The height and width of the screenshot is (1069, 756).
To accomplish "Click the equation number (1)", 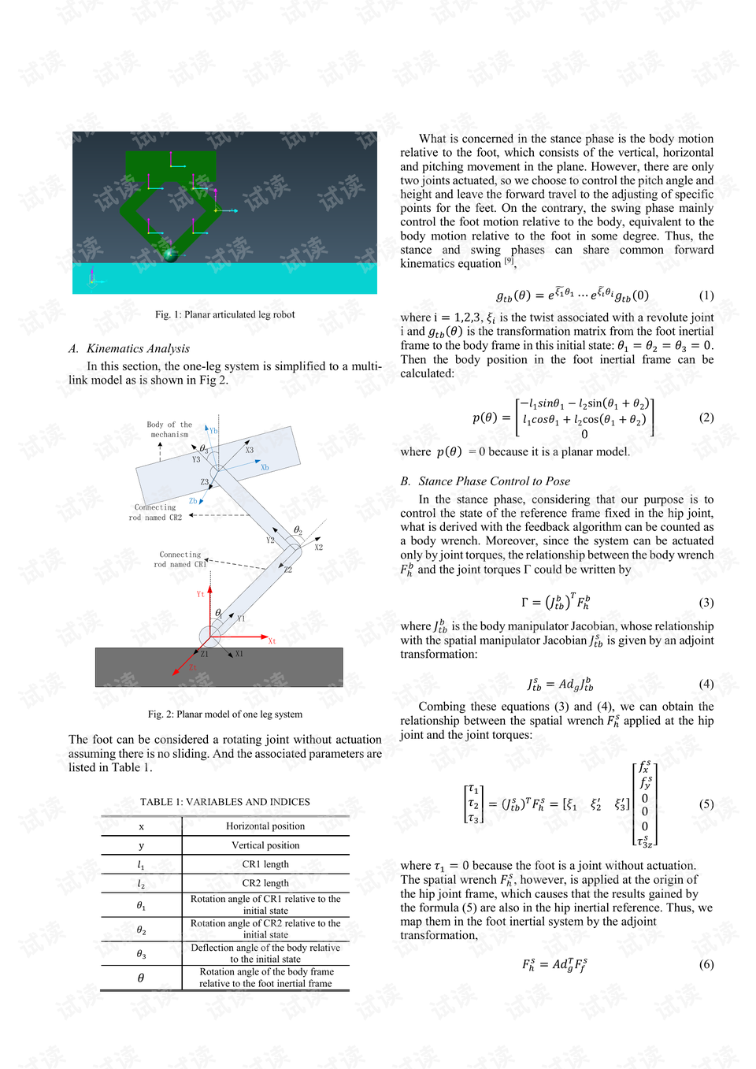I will pos(706,295).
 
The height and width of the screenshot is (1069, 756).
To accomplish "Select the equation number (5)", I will pos(706,804).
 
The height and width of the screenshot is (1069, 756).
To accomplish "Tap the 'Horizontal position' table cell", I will pos(265,826).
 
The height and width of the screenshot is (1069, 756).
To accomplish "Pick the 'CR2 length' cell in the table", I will pos(265,883).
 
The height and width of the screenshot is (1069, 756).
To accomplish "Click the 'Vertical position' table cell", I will pos(265,845).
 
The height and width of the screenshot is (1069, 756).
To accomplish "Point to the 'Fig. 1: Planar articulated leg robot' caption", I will pos(224,314).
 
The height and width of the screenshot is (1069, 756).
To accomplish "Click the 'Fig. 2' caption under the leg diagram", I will pos(224,715).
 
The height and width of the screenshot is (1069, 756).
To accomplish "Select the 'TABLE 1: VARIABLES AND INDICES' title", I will pos(224,802).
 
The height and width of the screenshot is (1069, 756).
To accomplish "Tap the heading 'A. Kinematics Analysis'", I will pos(129,348).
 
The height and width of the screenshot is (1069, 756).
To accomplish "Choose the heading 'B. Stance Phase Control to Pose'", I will pos(485,481).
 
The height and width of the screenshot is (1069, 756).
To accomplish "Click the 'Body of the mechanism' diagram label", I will pos(169,429).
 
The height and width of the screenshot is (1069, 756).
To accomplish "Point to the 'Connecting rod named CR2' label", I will pos(155,513).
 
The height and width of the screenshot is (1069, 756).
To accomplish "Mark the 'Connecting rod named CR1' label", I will pos(180,559).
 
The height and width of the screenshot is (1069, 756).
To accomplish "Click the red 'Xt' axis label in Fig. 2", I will pos(272,641).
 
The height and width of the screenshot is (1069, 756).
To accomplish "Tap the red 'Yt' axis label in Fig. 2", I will pos(200,594).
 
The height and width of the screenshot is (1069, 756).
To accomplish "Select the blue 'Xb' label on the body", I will pos(265,468).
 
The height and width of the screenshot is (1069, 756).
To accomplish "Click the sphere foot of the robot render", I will pos(169,254).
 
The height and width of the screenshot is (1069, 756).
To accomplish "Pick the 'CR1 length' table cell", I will pos(265,864).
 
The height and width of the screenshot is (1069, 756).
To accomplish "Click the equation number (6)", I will pos(706,964).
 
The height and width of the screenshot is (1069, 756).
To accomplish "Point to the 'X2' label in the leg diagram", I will pos(318,547).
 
